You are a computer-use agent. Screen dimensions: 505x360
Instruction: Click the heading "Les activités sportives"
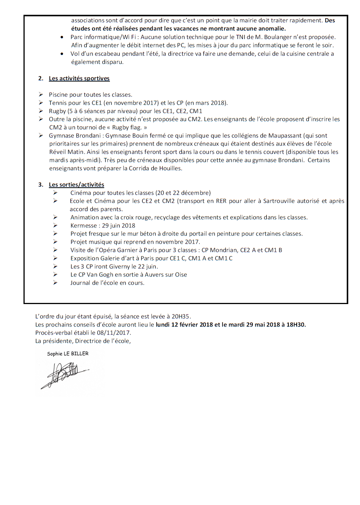pos(79,78)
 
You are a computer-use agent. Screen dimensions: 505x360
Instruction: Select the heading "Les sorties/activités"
pos(76,185)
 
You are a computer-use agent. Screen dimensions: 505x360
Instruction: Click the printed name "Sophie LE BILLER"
pos(67,354)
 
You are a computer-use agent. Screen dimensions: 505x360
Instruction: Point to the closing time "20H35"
pos(180,316)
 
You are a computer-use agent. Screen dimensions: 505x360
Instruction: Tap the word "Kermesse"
pos(83,226)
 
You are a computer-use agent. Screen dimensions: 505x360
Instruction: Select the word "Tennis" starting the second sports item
pos(57,103)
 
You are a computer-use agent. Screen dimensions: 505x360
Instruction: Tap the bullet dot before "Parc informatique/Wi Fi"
pos(62,37)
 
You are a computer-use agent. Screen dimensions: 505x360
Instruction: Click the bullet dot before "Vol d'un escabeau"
pos(62,54)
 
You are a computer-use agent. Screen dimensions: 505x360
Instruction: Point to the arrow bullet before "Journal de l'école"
pos(55,283)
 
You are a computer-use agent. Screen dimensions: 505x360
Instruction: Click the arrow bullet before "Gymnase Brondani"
pos(41,135)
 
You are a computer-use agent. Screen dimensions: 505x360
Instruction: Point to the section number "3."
pos(41,185)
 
